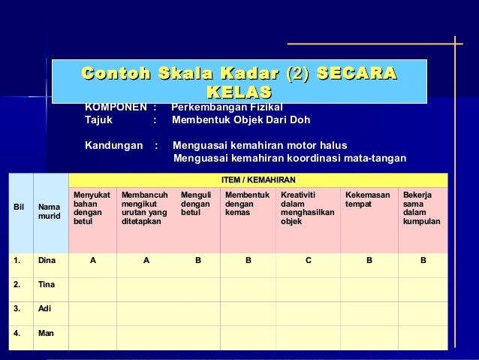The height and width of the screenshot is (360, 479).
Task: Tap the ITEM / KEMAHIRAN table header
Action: (x=258, y=180)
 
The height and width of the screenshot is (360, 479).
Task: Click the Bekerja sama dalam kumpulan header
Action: (x=421, y=207)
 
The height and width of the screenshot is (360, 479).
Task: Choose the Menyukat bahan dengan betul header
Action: (x=91, y=207)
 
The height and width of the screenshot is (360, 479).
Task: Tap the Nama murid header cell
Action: (x=50, y=212)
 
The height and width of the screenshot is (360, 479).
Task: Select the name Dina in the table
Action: (x=47, y=261)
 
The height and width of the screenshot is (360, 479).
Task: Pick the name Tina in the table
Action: (x=47, y=285)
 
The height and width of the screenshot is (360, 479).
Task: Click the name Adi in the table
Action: (x=45, y=308)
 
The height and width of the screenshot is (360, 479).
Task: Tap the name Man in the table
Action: (x=47, y=332)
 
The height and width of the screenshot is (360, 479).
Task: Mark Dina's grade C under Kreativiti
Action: (x=308, y=261)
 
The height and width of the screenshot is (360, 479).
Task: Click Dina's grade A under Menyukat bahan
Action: (x=92, y=261)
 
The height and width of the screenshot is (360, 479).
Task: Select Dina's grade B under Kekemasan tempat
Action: (x=369, y=261)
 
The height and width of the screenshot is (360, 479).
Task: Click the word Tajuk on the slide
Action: (x=98, y=119)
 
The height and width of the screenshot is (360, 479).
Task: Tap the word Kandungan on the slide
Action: (x=113, y=145)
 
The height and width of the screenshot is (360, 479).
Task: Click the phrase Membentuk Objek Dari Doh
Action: (x=240, y=119)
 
